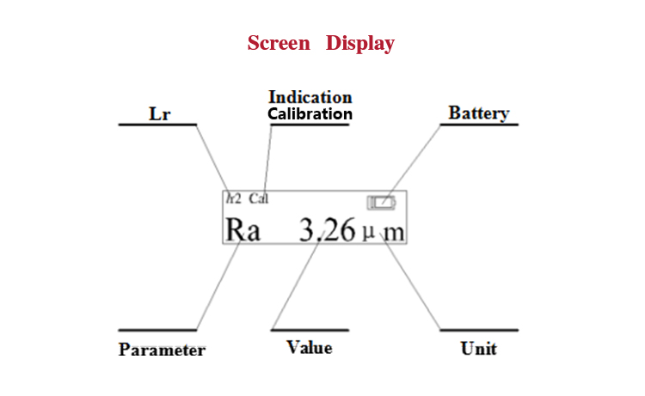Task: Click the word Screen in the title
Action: tap(279, 43)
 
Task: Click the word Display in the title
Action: tap(360, 43)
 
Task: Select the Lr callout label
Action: tap(160, 113)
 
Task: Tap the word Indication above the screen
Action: tap(310, 97)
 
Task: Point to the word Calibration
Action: tap(310, 113)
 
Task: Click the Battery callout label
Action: tap(479, 113)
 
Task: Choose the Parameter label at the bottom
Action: tap(162, 350)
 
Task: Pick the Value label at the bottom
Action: tap(310, 347)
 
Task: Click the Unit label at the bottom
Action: tap(479, 349)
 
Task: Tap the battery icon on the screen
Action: tap(383, 203)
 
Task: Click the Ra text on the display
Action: tap(243, 229)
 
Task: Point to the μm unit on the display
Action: tap(384, 231)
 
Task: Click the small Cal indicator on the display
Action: tap(258, 198)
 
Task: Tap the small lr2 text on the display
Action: tap(234, 198)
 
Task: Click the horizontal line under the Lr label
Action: tap(157, 125)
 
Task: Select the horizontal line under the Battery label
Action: tap(479, 125)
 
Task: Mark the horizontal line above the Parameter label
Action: tap(157, 329)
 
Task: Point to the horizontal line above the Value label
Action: tap(310, 329)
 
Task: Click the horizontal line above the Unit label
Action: tap(479, 329)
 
